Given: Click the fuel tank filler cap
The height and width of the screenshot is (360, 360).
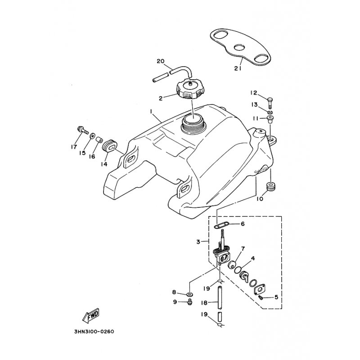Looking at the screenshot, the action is pos(190,91).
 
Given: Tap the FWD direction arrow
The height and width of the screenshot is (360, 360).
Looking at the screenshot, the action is pos(91,315).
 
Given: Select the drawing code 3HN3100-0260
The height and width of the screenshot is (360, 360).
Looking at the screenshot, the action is pos(94,332).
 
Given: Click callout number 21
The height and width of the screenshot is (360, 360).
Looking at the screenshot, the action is pos(238,68).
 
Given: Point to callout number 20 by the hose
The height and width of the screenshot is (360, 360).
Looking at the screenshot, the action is pos(161,61).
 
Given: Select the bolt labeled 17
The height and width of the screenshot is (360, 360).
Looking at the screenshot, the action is pos(83,130).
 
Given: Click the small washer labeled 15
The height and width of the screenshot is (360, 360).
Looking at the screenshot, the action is pos(93,136).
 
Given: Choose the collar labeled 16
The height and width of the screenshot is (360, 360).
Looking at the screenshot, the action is pos(98,140).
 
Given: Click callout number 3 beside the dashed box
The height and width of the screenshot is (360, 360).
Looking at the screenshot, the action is pos(198,242).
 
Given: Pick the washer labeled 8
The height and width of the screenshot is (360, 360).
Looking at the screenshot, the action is pos(190,294).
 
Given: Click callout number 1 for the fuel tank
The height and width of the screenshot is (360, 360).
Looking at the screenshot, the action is pos(151,111).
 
